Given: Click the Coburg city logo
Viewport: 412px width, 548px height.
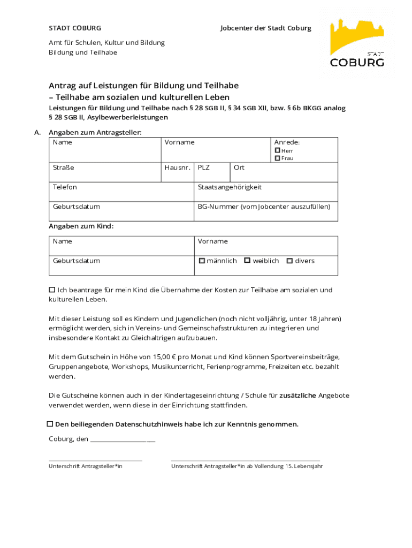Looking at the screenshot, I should (x=357, y=43).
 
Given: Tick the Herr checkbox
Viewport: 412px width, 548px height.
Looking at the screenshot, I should (x=278, y=151).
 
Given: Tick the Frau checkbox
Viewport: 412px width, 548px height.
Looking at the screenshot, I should (x=278, y=158).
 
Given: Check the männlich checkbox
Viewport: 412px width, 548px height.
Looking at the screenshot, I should (x=202, y=261).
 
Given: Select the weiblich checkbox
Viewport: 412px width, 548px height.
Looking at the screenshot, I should (x=247, y=261).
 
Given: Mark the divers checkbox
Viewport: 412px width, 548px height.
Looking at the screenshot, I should (x=289, y=261).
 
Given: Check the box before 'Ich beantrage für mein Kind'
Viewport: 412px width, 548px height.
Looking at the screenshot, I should (x=52, y=290).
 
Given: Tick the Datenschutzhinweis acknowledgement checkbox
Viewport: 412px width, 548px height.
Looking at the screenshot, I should (x=50, y=424).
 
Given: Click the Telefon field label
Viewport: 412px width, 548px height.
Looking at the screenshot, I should (x=65, y=187).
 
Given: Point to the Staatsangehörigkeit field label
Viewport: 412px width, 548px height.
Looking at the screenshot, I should (x=230, y=187).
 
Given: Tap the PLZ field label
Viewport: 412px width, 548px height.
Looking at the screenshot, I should (x=203, y=168).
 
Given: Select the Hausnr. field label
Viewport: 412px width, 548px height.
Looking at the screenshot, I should (x=178, y=168).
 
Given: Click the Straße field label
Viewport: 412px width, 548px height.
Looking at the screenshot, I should (x=63, y=168).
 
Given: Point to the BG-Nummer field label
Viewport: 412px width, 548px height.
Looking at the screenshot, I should (x=264, y=207).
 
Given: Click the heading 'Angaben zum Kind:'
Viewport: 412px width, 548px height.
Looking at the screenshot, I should (x=81, y=226).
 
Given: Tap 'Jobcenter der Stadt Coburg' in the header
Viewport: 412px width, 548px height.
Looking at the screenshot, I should (x=265, y=28).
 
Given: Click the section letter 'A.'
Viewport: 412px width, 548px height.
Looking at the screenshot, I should (x=37, y=132).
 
